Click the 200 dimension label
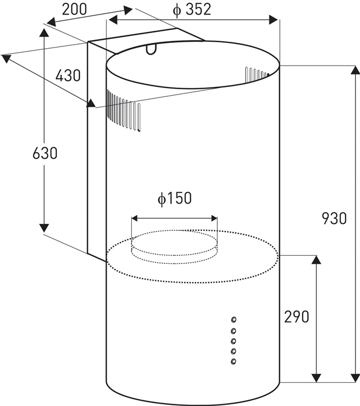tap(74, 10)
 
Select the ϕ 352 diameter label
tap(192, 10)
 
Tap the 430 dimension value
tap(68, 75)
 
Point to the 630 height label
tap(45, 153)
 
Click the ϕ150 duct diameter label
tap(175, 199)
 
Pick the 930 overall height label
tap(334, 218)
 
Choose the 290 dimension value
tap(297, 317)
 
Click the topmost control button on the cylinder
tap(233, 320)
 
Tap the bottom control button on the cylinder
tap(233, 361)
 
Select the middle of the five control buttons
tap(233, 341)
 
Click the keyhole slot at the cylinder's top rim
tap(151, 49)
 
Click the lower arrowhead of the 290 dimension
tap(316, 378)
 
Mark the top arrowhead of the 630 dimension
tap(45, 32)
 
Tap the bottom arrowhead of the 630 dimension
tap(44, 228)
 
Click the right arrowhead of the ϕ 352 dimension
tap(273, 20)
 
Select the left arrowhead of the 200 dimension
tap(52, 22)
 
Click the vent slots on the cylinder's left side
tap(123, 111)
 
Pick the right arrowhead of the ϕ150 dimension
tap(214, 219)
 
